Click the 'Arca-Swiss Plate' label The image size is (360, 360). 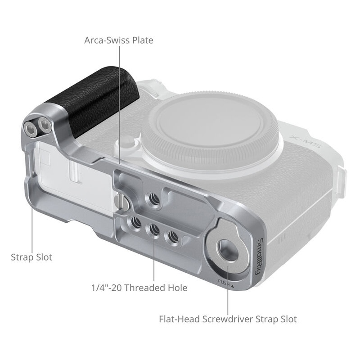(x=119, y=40)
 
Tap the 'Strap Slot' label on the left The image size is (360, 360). (x=31, y=257)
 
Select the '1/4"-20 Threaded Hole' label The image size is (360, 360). (x=139, y=288)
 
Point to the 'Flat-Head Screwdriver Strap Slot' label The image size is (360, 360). (x=228, y=319)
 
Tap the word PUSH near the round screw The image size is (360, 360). (x=224, y=283)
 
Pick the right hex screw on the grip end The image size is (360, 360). (x=44, y=124)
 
